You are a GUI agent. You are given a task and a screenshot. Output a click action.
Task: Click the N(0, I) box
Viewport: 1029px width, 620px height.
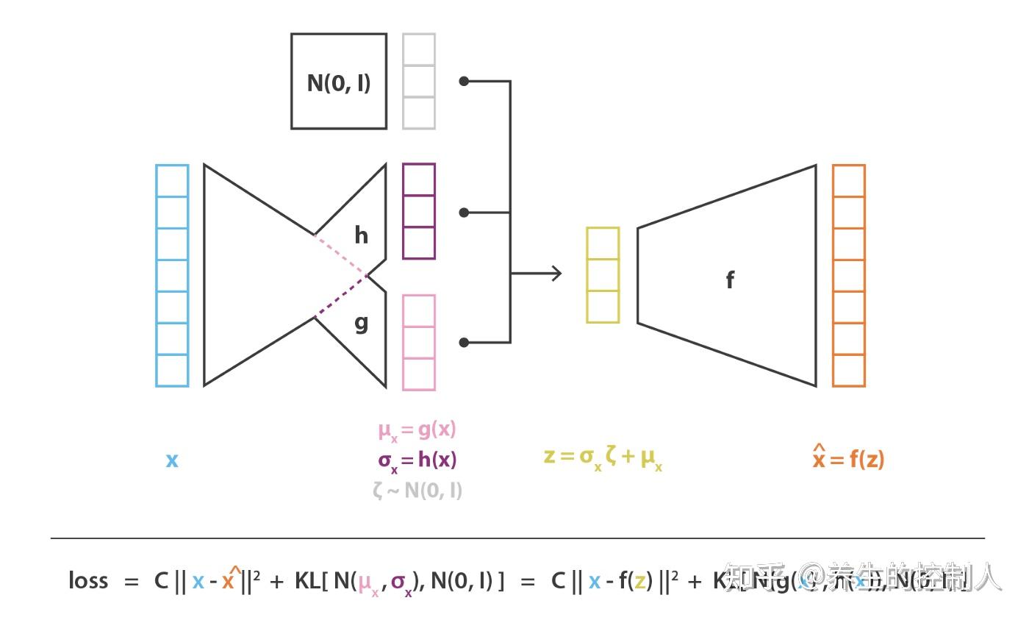tap(339, 82)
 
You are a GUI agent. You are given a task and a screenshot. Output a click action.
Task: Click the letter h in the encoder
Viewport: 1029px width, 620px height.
tap(361, 235)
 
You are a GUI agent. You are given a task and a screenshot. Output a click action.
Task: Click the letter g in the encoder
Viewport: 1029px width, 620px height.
tap(361, 322)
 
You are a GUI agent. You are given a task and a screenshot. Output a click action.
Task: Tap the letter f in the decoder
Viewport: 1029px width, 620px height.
tap(729, 279)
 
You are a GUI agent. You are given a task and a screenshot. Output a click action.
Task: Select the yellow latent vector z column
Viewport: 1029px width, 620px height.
tap(603, 275)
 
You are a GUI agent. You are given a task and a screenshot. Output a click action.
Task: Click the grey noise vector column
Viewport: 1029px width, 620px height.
tap(419, 81)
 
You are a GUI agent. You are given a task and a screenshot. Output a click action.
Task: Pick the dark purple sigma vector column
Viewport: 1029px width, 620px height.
tap(419, 211)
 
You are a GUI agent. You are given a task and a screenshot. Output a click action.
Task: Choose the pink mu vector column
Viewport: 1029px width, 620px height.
tap(419, 342)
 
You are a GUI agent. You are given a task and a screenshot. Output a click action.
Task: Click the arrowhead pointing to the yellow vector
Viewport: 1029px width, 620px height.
tap(556, 274)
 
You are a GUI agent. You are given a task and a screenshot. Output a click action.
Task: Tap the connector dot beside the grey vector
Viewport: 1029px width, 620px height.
tap(464, 81)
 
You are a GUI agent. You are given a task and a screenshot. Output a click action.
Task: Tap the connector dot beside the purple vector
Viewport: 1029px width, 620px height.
tap(464, 213)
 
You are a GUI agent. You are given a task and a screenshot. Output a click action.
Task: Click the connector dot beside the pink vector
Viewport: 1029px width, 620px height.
tap(464, 342)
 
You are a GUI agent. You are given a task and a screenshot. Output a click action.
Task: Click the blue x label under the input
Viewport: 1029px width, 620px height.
tap(172, 460)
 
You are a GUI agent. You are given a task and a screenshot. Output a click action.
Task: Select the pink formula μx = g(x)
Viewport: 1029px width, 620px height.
tap(417, 430)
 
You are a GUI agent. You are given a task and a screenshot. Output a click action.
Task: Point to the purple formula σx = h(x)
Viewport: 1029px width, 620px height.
tap(417, 460)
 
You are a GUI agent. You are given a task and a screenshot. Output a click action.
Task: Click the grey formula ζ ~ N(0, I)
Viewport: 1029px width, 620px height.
tap(417, 490)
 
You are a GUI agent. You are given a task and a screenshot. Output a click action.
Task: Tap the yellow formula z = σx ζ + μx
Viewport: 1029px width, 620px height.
tap(603, 457)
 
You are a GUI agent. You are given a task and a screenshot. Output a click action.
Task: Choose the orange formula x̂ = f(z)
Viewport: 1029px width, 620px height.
tap(848, 458)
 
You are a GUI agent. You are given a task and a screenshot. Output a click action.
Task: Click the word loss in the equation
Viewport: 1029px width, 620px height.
tap(88, 581)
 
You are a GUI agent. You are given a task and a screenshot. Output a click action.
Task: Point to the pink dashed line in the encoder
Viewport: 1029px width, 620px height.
tap(340, 254)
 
